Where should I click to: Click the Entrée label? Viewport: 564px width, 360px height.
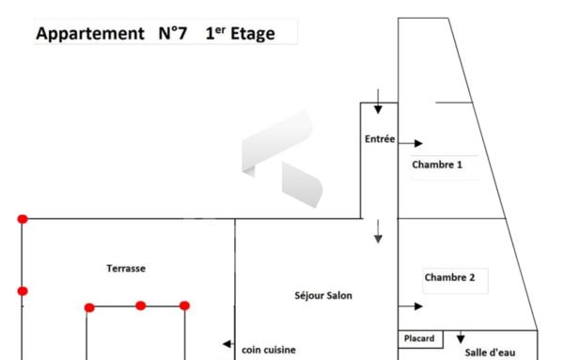click(380, 139)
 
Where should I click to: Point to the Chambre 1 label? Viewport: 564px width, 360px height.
click(437, 164)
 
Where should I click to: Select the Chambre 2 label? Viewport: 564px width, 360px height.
click(449, 277)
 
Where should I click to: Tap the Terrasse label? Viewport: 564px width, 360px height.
click(126, 269)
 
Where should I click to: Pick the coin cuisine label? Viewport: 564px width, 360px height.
click(268, 349)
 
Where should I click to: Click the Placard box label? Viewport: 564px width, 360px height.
click(418, 338)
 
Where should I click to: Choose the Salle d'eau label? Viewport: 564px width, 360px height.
click(490, 352)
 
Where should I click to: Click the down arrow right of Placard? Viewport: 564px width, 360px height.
click(461, 337)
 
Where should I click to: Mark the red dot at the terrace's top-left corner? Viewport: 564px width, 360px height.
click(23, 219)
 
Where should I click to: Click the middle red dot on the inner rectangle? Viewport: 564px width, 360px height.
click(140, 305)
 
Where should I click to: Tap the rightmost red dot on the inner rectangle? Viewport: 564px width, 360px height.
click(184, 305)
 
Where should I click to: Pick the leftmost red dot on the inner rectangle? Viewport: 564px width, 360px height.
click(89, 307)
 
